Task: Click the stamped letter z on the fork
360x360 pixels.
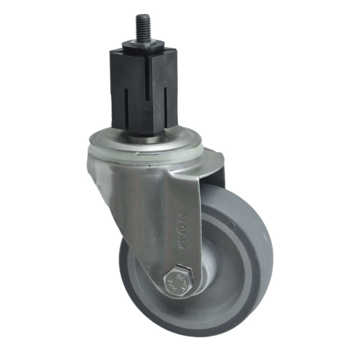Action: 181,217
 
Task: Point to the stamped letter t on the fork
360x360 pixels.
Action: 181,243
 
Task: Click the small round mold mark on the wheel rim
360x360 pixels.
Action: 232,226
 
